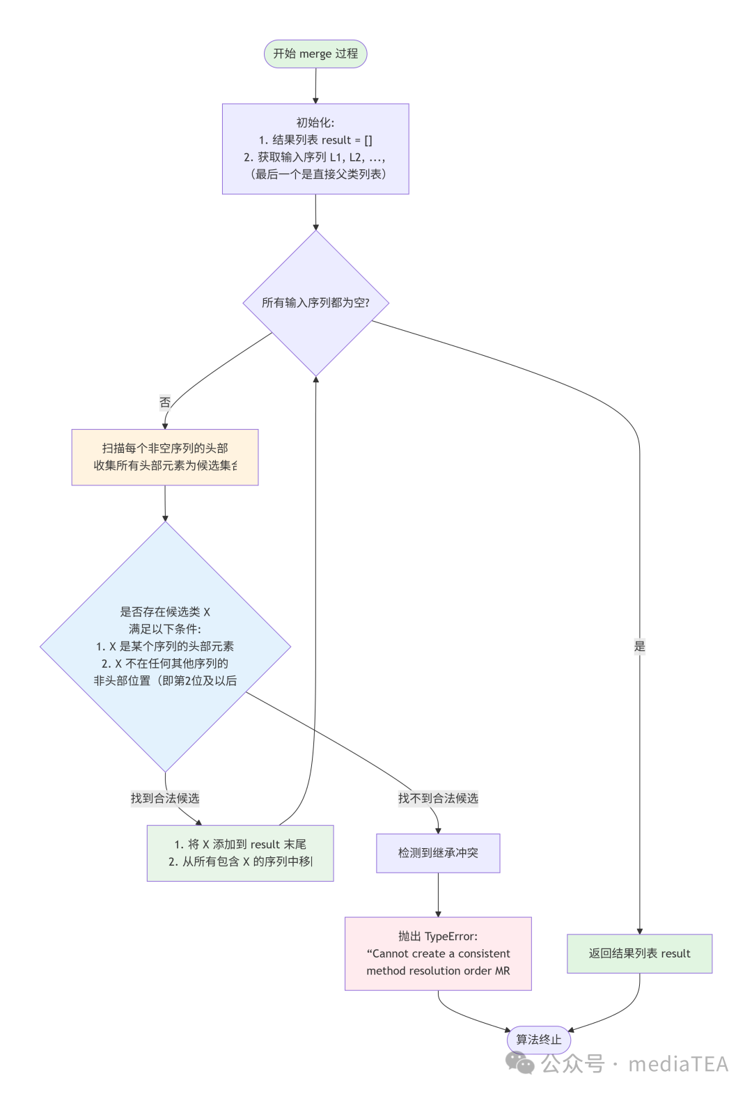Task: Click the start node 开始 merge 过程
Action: [315, 54]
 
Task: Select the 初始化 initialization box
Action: [315, 148]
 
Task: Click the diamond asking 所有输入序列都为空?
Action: [315, 303]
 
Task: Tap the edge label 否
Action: [164, 402]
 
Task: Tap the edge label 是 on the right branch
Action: [639, 646]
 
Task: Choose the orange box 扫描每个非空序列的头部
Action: [164, 457]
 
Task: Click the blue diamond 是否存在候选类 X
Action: [165, 646]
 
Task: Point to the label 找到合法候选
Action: [165, 798]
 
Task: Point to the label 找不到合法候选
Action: [438, 798]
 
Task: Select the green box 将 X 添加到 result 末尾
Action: [240, 853]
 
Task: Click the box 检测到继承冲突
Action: [438, 853]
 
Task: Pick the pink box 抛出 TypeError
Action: [438, 953]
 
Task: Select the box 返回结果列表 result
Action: [639, 953]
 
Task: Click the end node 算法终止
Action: [538, 1040]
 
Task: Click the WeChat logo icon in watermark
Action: [519, 1063]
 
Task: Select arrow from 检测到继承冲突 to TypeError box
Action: [438, 895]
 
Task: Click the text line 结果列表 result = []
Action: [315, 140]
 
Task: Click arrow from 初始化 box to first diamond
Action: [315, 212]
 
